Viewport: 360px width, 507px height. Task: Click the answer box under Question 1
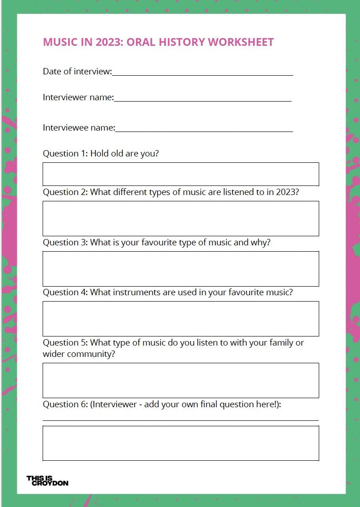point(180,174)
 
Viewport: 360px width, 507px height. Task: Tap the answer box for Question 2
point(180,219)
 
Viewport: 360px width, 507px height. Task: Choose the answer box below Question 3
point(180,269)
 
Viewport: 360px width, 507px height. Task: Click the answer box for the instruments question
point(180,319)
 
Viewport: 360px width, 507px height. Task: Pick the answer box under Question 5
point(180,380)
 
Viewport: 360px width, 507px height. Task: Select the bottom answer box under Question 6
point(180,443)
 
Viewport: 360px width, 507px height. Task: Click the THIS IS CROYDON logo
point(47,481)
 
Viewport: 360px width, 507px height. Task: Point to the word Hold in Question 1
point(99,153)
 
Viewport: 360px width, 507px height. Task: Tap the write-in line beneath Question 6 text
point(180,419)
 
